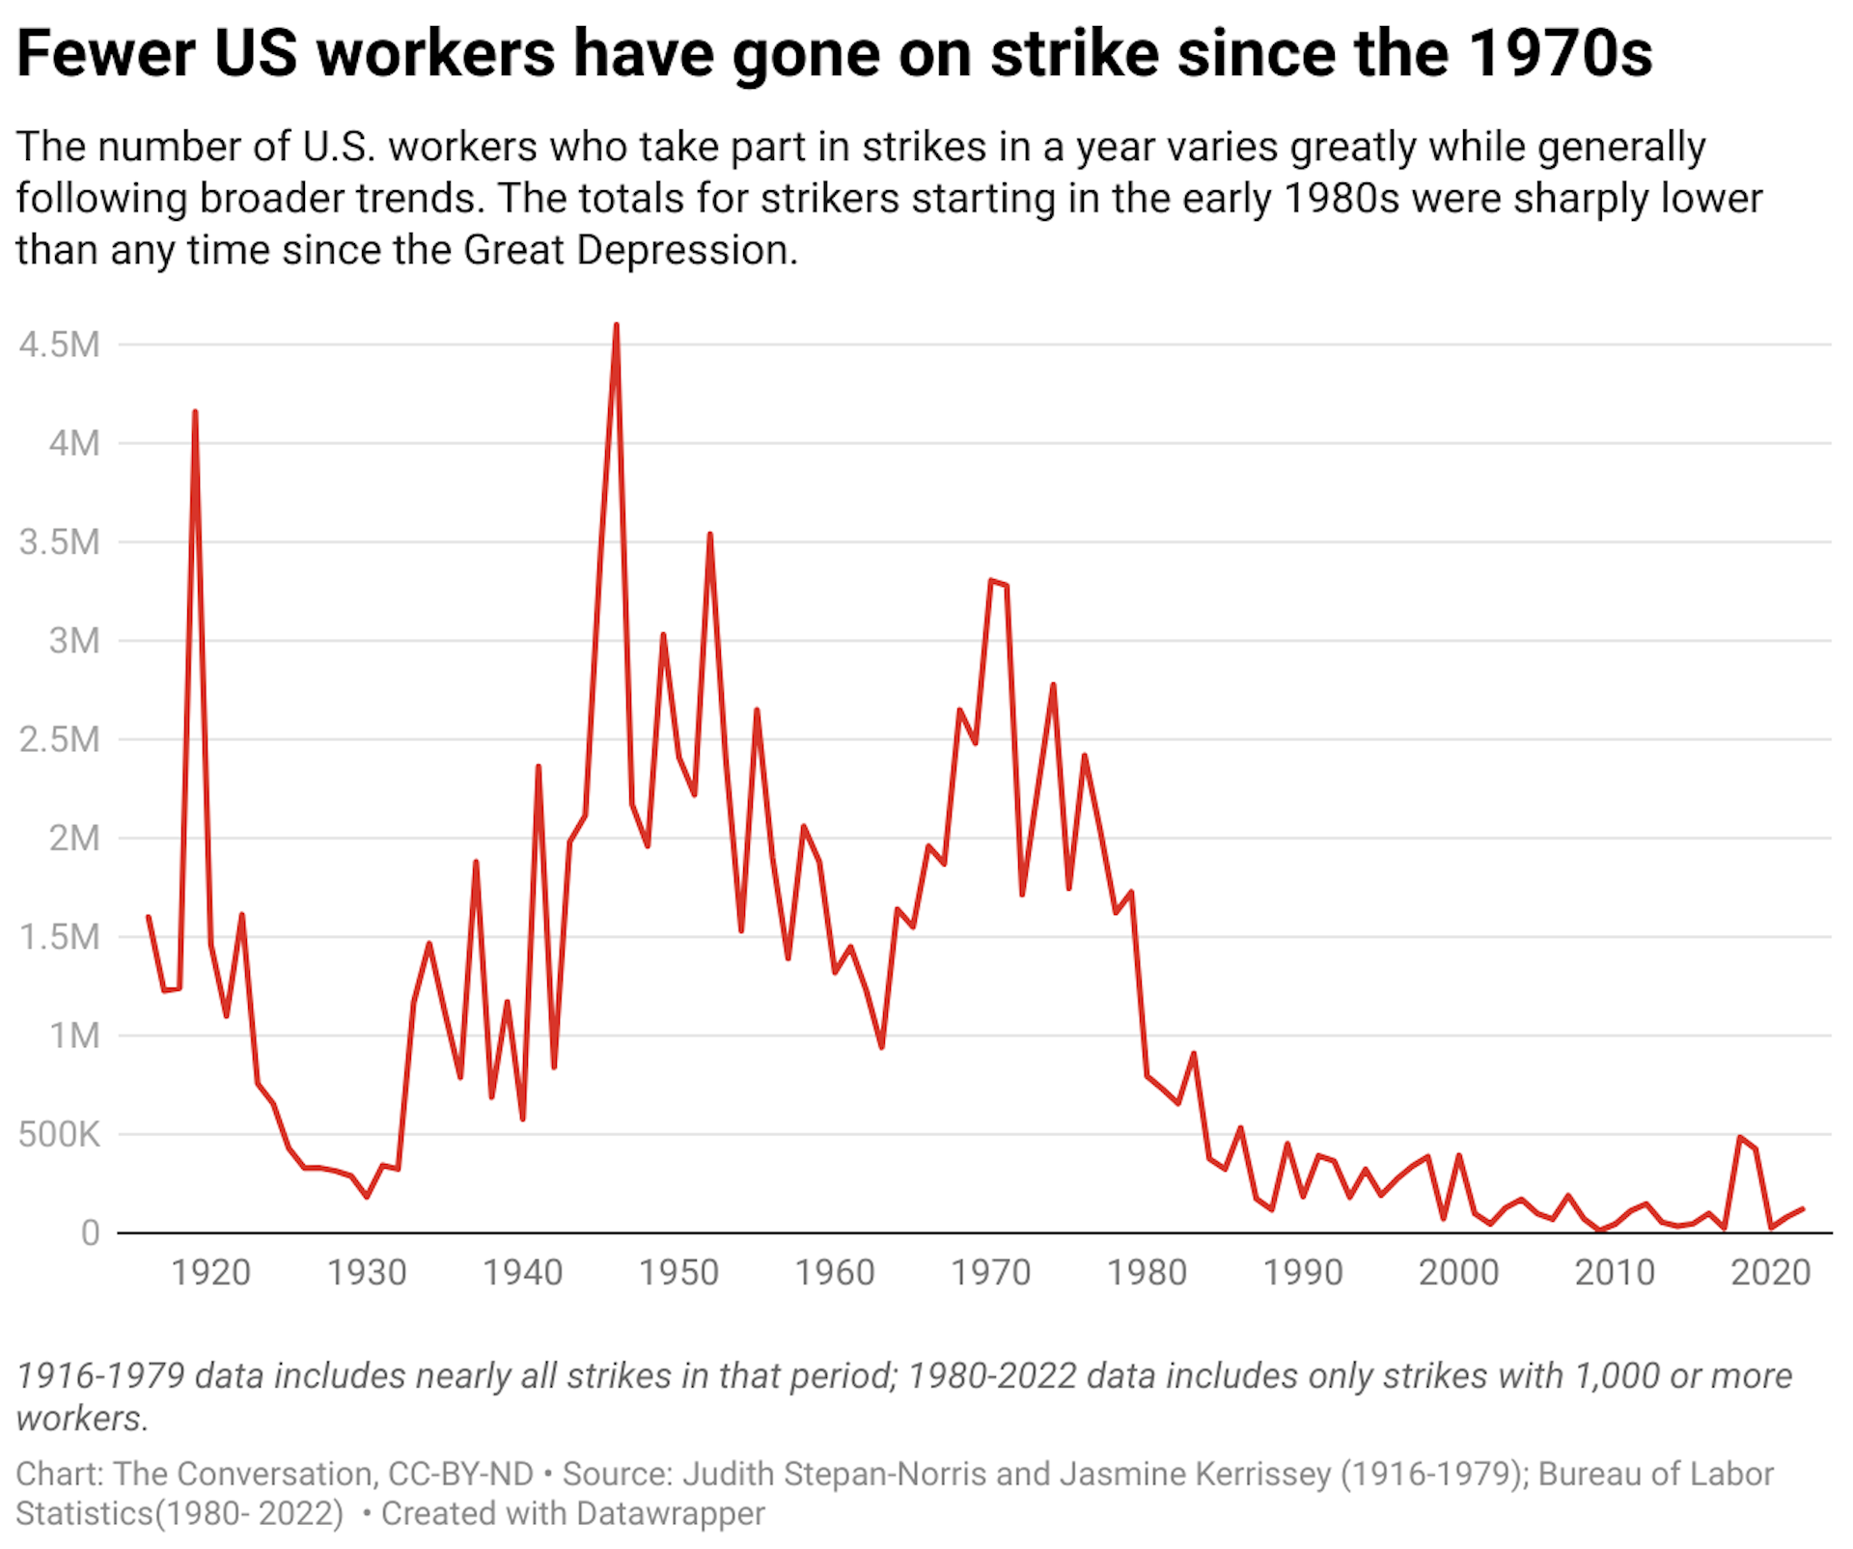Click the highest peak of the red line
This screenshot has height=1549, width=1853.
(616, 326)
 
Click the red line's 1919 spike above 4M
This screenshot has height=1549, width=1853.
(195, 412)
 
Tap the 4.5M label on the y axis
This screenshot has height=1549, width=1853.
(59, 345)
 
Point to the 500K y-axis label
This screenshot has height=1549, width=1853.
(58, 1134)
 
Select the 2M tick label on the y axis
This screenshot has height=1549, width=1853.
(73, 838)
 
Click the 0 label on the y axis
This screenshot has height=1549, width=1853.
(90, 1232)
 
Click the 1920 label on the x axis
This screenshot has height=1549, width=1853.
(210, 1272)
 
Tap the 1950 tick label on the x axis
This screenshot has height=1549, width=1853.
(678, 1272)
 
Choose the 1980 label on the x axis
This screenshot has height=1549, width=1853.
(1147, 1272)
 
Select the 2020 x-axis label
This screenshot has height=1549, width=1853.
(1770, 1272)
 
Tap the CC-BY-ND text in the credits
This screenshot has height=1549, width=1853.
(460, 1474)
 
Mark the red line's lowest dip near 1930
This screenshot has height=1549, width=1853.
(367, 1197)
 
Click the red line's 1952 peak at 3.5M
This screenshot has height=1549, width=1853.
(709, 534)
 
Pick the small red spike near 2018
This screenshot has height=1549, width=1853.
(1740, 1137)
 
